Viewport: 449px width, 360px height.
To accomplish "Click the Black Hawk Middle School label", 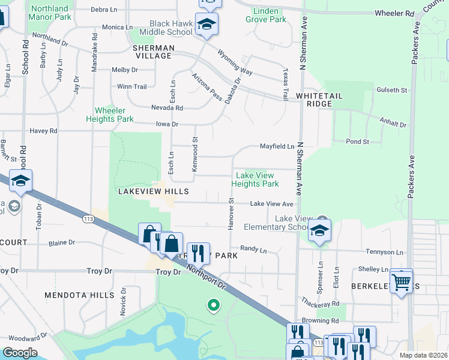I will pyautogui.click(x=171, y=28).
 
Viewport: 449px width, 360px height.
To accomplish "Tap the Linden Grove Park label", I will pyautogui.click(x=270, y=15).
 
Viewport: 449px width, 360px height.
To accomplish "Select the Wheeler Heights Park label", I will pyautogui.click(x=114, y=115).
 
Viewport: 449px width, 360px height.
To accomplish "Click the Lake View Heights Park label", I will pyautogui.click(x=255, y=179).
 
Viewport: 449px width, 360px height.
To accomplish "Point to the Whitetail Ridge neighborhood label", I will pyautogui.click(x=314, y=100).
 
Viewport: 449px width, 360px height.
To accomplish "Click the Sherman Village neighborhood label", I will pyautogui.click(x=154, y=52).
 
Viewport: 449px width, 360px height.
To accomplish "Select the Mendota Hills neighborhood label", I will pyautogui.click(x=79, y=295).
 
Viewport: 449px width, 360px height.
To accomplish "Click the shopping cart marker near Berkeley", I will pyautogui.click(x=400, y=280).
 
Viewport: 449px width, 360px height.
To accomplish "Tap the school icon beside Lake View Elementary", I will pyautogui.click(x=319, y=230).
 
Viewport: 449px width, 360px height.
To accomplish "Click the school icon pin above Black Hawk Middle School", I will pyautogui.click(x=206, y=24).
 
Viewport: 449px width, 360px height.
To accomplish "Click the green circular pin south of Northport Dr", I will pyautogui.click(x=212, y=306).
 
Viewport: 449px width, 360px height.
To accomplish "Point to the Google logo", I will pyautogui.click(x=20, y=353).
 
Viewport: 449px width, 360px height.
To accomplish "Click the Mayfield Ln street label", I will pyautogui.click(x=277, y=146).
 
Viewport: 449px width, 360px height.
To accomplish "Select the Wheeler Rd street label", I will pyautogui.click(x=394, y=13).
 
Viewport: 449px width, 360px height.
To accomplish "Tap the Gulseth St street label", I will pyautogui.click(x=392, y=90).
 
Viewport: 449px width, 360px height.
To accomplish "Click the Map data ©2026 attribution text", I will pyautogui.click(x=423, y=355).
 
